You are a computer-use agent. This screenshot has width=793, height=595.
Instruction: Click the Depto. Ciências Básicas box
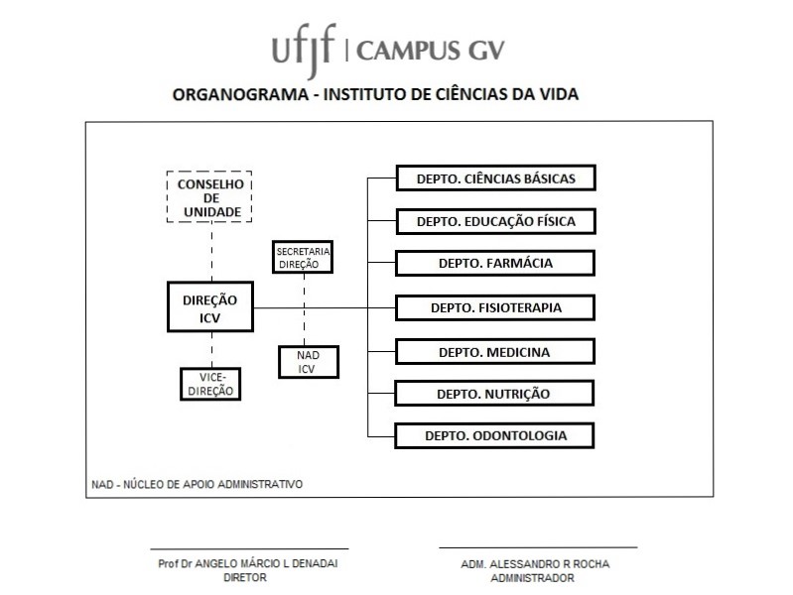(x=495, y=178)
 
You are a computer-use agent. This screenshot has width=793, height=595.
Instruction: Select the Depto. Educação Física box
(x=495, y=221)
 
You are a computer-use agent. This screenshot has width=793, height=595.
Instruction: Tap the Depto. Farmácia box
(x=495, y=263)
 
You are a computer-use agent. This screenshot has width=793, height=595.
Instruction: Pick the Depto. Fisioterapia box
(x=495, y=307)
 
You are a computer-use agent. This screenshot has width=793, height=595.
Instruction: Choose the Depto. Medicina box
(x=495, y=352)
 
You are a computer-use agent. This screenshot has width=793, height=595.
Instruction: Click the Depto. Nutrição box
(x=495, y=394)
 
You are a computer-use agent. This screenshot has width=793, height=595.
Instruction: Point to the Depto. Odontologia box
(x=495, y=435)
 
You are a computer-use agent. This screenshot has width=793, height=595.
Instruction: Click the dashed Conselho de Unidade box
(x=209, y=197)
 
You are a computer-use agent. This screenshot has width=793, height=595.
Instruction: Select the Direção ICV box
(x=209, y=307)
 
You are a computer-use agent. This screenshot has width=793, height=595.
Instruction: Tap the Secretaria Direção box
(x=303, y=257)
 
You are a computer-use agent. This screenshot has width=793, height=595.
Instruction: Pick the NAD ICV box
(x=307, y=363)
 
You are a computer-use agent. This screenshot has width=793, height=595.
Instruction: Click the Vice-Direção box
(x=210, y=384)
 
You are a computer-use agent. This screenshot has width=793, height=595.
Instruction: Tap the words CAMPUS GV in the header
(x=436, y=50)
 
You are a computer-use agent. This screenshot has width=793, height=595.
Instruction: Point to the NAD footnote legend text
(x=197, y=485)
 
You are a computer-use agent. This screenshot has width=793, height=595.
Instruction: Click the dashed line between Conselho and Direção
(x=209, y=252)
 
